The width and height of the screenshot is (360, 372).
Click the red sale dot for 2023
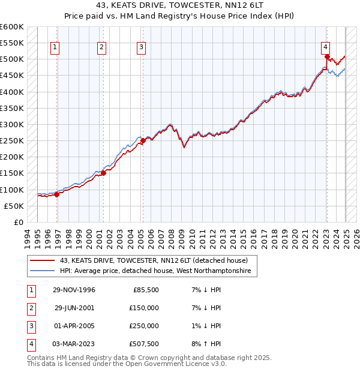327,58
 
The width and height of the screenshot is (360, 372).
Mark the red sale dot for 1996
57,194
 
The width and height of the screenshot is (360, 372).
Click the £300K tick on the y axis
12,125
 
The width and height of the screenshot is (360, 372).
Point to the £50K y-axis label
14,206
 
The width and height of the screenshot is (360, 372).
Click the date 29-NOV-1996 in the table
74,290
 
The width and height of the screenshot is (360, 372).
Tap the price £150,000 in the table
144,308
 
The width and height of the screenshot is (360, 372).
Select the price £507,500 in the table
144,344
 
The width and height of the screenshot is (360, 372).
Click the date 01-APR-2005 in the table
74,326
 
